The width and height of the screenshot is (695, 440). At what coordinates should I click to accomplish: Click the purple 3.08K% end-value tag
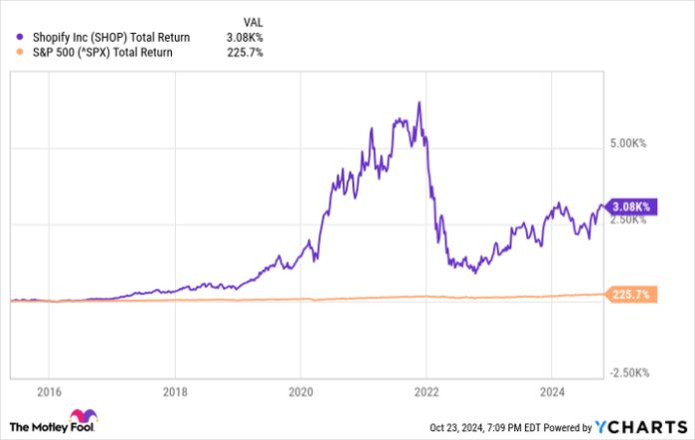coord(631,207)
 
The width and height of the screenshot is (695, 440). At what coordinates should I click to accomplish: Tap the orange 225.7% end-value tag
coord(631,295)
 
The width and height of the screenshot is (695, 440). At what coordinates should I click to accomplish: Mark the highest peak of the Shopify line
coord(419,102)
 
